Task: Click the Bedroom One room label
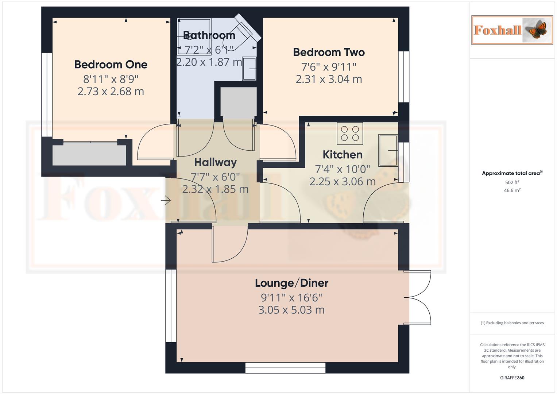pyautogui.click(x=111, y=65)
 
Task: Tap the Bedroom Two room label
pyautogui.click(x=329, y=52)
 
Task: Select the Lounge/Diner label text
pyautogui.click(x=291, y=283)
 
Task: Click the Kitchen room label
pyautogui.click(x=343, y=155)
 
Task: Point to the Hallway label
pyautogui.click(x=215, y=162)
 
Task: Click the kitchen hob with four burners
pyautogui.click(x=350, y=134)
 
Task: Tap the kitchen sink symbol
pyautogui.click(x=388, y=150)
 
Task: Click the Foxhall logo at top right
pyautogui.click(x=512, y=30)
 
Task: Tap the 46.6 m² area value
pyautogui.click(x=512, y=190)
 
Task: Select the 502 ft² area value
pyautogui.click(x=512, y=182)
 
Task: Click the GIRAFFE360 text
pyautogui.click(x=512, y=378)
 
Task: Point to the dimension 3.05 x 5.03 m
pyautogui.click(x=291, y=310)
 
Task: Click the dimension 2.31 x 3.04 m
pyautogui.click(x=329, y=79)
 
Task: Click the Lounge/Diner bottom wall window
pyautogui.click(x=285, y=368)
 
